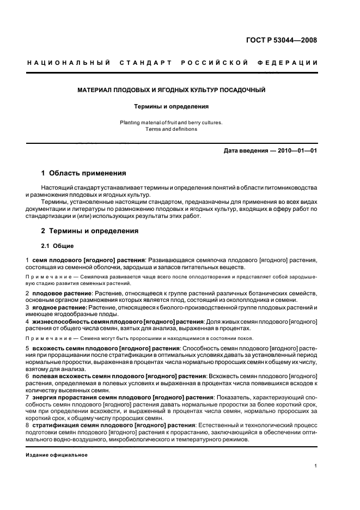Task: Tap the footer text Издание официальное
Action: (57, 455)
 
